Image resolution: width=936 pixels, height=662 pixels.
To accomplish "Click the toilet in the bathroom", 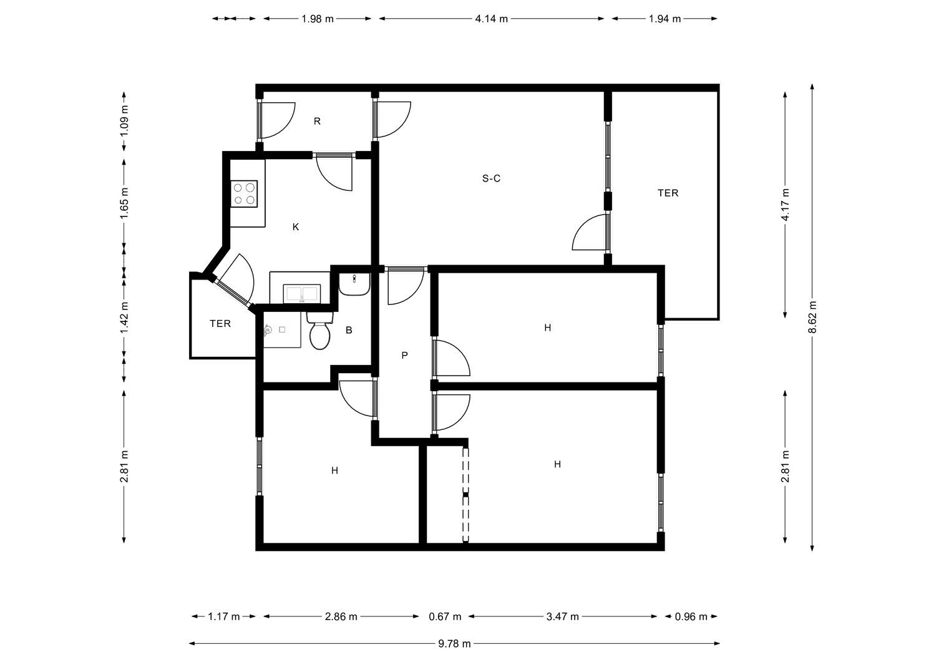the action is point(320,331).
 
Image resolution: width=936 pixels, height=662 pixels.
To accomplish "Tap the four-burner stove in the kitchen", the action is point(244,194).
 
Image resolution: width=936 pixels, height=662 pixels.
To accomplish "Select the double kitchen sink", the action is point(302,293).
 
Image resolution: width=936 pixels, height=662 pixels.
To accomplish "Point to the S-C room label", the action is point(491,178).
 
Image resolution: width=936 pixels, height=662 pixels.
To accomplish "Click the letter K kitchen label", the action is point(296,227).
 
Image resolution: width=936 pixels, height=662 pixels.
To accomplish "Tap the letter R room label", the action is point(317,121).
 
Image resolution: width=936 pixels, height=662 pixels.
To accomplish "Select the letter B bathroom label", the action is point(349,330).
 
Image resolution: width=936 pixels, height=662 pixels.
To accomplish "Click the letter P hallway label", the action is point(404,355).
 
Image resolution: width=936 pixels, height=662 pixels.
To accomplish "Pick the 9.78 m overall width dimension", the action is point(454,644).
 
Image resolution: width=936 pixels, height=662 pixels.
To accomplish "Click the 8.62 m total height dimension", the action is point(812,317).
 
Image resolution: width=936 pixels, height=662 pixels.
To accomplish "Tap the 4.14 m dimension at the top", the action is point(492,19).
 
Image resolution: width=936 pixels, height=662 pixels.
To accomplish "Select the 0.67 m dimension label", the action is point(445,616).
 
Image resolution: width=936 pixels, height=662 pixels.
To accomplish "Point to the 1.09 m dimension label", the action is point(124,121).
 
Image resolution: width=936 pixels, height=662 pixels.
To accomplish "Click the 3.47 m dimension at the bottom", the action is point(562,616).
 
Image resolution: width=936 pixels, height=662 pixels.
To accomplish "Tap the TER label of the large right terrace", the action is point(668,193).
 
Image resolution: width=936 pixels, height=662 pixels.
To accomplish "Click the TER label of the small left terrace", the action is point(220,323).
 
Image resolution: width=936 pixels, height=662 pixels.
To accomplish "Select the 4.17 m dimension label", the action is point(786,205).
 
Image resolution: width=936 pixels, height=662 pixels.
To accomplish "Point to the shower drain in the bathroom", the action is point(282,329).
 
